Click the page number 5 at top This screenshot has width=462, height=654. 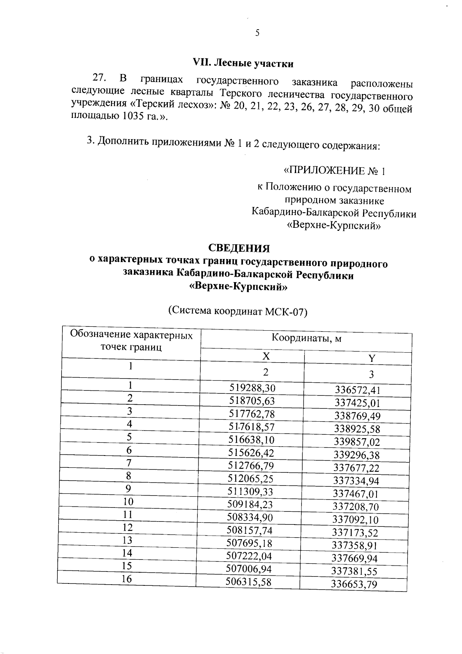point(257,33)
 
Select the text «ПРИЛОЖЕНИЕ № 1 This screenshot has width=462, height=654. point(334,171)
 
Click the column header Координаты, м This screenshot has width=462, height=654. point(306,338)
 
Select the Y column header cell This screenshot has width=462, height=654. point(372,358)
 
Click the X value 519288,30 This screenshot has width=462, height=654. point(253,388)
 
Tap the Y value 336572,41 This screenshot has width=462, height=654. point(357,390)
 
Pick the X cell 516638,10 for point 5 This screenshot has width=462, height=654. point(251,440)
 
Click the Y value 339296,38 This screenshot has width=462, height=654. point(357,455)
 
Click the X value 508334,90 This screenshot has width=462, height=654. point(250,517)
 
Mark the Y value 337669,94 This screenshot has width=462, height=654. point(355,558)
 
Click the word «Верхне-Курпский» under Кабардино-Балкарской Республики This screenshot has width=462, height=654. point(334,226)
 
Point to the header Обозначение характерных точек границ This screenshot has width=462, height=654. point(131,341)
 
